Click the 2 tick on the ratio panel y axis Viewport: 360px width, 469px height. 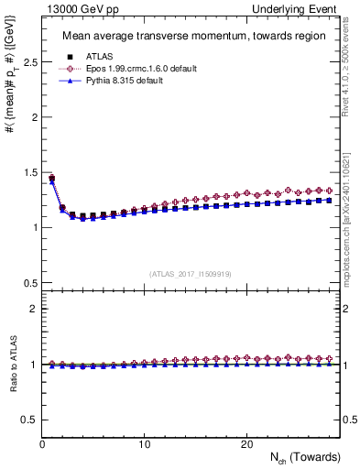(x=32, y=310)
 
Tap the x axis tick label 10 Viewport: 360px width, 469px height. (x=144, y=444)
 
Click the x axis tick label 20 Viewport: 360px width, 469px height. (x=245, y=444)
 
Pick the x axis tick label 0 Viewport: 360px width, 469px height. (x=42, y=444)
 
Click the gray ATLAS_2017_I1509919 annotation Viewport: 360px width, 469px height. (x=190, y=274)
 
